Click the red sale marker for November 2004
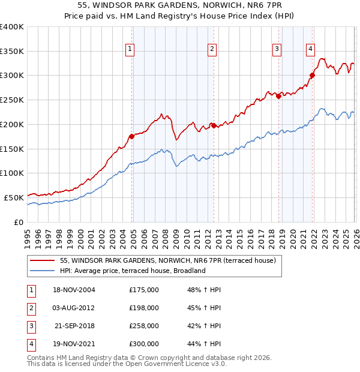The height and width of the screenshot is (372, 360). [132, 136]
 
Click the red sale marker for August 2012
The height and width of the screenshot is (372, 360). [214, 125]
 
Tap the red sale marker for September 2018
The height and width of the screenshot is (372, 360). [278, 96]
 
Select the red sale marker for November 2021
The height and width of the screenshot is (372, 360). [312, 76]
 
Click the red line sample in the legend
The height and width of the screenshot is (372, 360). [42, 261]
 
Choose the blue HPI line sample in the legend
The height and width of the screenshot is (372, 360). [42, 271]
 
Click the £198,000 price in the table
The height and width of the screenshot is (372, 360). [144, 308]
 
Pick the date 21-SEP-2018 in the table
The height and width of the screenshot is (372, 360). [75, 326]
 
